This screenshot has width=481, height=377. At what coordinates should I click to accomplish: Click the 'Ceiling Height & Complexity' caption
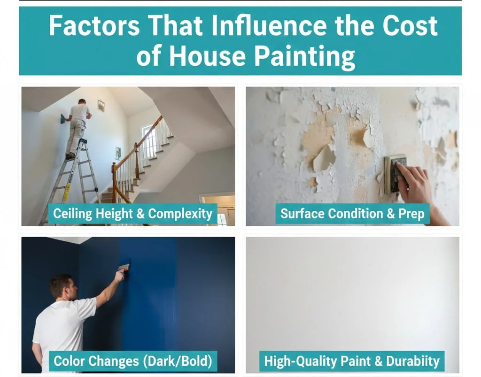(x=132, y=214)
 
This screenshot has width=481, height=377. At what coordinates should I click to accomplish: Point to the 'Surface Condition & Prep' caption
(x=352, y=214)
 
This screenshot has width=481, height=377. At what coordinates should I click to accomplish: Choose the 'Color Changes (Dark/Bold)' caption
(x=132, y=361)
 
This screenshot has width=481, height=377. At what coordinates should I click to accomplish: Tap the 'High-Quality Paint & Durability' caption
(x=352, y=361)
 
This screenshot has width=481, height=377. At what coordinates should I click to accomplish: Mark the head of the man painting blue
(x=61, y=286)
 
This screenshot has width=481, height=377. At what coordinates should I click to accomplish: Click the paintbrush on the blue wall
(x=124, y=267)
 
